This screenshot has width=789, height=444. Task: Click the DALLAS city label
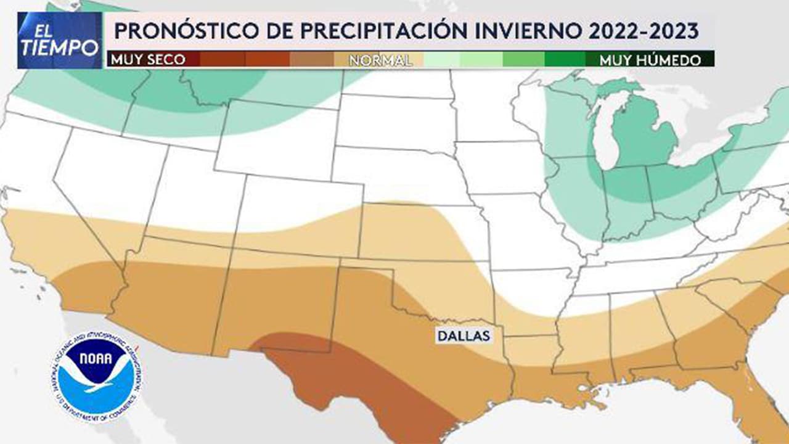pos(464,336)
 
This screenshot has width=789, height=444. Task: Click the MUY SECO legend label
pos(147,60)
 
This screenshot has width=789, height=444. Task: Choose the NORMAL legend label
pos(380,60)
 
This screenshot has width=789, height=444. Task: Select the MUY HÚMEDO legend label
pos(650,60)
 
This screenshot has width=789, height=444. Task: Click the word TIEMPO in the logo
pos(60,47)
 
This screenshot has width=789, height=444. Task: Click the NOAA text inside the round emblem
pos(96,359)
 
